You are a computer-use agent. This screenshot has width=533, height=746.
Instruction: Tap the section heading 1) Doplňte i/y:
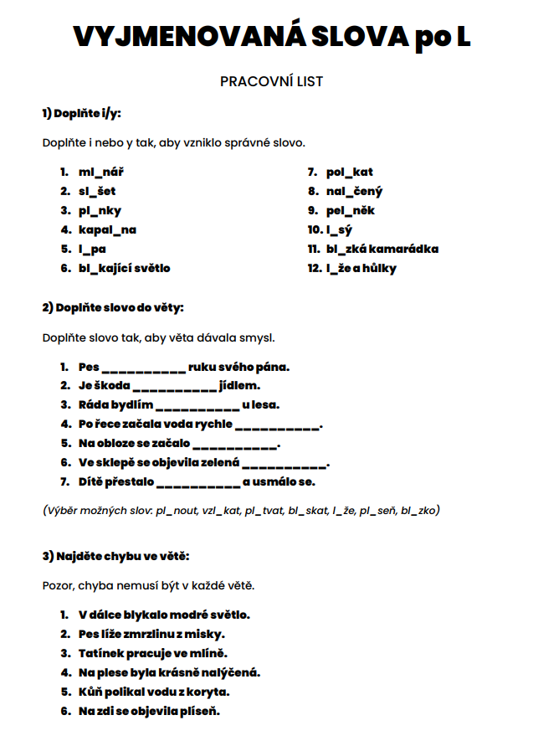(87, 113)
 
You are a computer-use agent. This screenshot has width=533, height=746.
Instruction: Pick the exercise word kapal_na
(108, 229)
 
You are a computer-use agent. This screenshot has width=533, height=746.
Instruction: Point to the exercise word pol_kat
(350, 172)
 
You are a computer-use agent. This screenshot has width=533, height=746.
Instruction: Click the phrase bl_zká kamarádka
(382, 249)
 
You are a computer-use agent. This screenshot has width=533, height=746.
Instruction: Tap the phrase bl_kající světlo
(125, 268)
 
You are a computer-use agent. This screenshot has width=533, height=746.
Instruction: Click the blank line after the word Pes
(143, 368)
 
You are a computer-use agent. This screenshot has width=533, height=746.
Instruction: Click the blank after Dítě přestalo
(198, 483)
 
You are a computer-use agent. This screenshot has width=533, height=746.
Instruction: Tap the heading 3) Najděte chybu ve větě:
(115, 556)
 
